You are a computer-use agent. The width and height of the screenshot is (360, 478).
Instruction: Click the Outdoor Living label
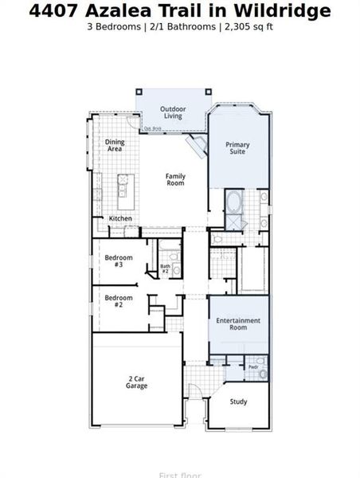pos(173,112)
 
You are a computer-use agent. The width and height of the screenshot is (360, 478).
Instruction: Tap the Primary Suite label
pos(237,147)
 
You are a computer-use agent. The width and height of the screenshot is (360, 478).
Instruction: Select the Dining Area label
pos(115,146)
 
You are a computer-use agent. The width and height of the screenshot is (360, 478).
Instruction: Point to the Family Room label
pos(175,179)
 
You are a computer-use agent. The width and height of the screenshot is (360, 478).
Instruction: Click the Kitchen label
pos(120,218)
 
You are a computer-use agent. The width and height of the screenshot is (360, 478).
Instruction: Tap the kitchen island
pos(123,186)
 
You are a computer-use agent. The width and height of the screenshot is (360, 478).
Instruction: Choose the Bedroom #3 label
pos(118,260)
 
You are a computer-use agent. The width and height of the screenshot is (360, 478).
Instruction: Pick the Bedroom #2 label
pos(118,300)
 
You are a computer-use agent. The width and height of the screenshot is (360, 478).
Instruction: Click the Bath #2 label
pos(166,268)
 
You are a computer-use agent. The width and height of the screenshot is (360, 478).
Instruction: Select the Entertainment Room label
pos(237,323)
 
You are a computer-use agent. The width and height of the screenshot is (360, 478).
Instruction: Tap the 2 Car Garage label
pos(136,382)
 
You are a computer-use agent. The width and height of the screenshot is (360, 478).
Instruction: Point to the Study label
pos(238,402)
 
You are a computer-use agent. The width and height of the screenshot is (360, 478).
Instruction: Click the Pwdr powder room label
pos(252,367)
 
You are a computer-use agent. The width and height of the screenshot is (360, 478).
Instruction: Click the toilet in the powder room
pos(264,373)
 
